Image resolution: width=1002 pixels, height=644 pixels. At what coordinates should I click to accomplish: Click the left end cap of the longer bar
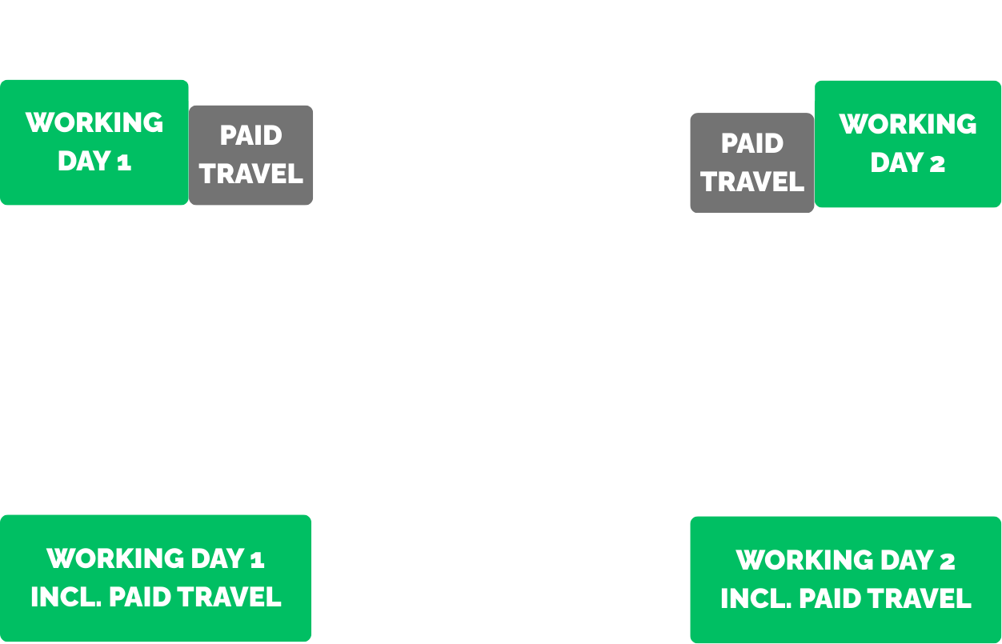point(193,86)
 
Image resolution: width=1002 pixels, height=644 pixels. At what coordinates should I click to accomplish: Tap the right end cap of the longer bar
point(810,86)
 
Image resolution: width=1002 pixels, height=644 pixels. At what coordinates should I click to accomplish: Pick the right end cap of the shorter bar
point(684,514)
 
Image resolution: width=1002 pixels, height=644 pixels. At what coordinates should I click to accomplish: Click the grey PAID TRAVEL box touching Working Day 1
point(251,154)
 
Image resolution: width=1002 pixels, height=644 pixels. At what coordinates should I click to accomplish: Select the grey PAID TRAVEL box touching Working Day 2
point(752,162)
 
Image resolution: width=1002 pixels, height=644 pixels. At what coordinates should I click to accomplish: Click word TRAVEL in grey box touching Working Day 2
point(752,182)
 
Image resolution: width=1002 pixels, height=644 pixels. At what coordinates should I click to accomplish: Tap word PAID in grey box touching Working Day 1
point(251,135)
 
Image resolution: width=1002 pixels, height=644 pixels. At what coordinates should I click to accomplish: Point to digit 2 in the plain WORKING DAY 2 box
point(936,163)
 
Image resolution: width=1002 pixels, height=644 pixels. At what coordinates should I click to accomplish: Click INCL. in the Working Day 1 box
point(65,597)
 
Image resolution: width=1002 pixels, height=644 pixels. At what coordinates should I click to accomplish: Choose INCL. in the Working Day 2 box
point(755,598)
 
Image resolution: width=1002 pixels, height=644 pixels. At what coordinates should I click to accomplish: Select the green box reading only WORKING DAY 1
point(94,142)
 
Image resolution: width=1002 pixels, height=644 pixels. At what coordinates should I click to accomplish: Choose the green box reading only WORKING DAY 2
point(908,144)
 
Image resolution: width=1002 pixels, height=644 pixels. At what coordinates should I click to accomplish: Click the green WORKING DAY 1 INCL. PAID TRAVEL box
point(155,578)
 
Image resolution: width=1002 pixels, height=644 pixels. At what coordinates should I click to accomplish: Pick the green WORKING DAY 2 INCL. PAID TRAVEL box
point(845,579)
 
